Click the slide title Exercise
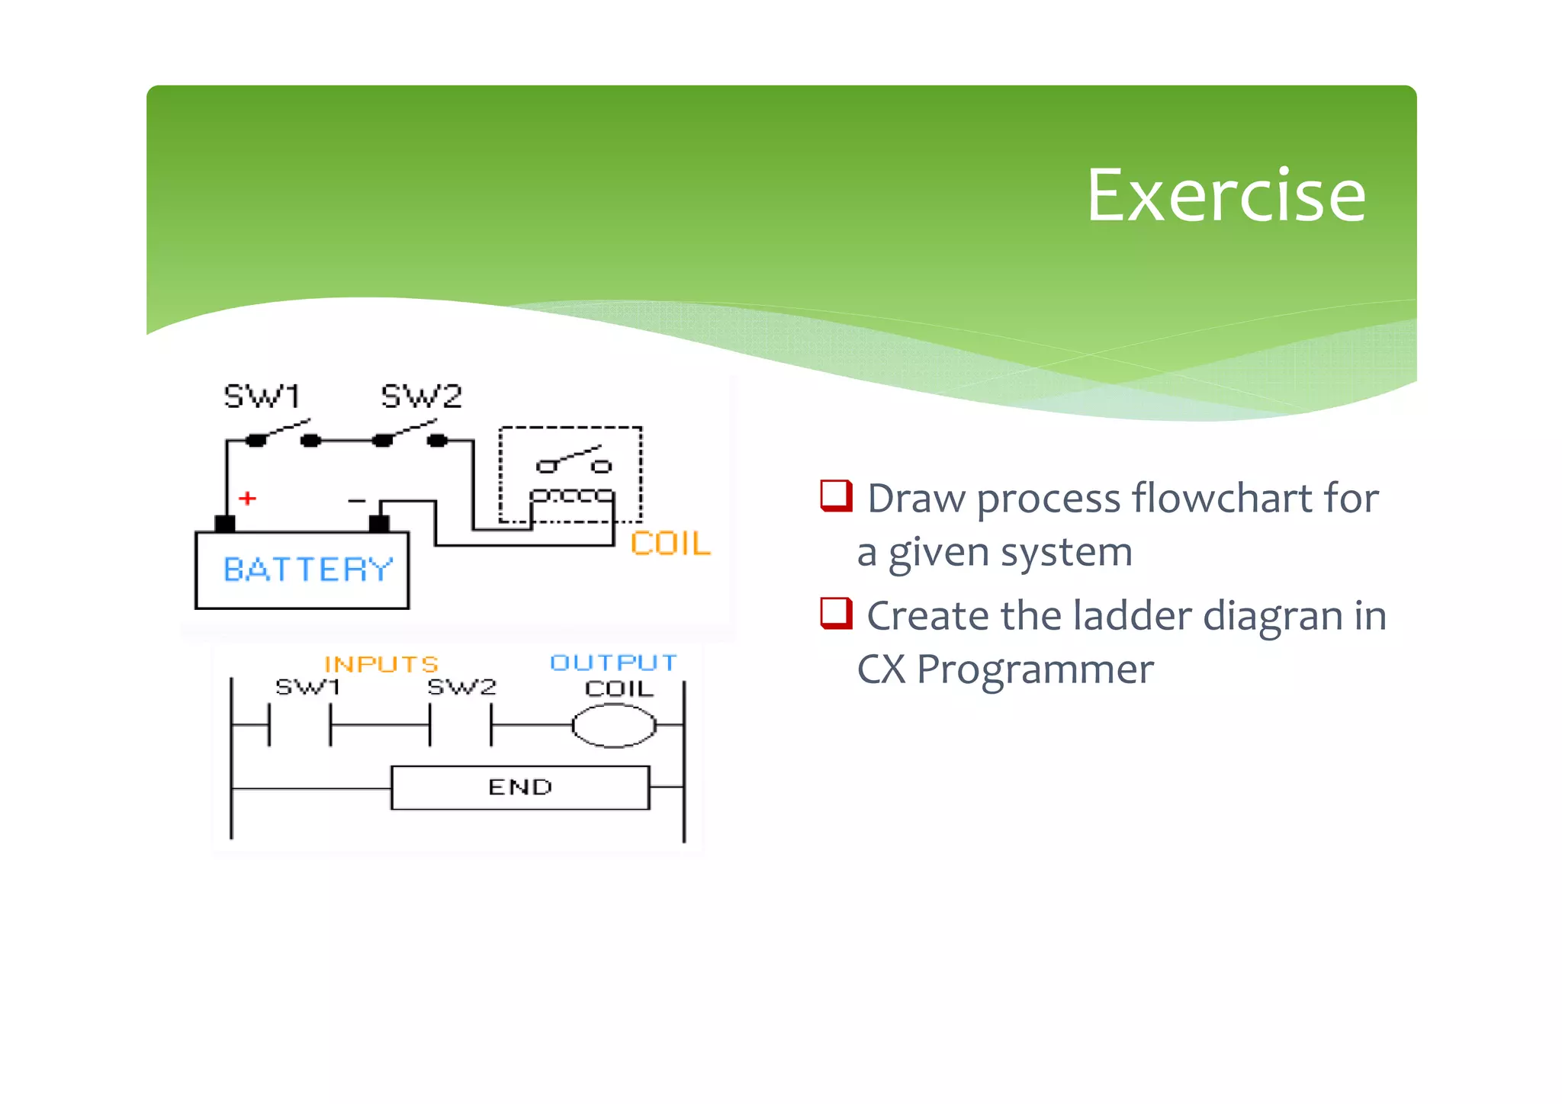click(x=1225, y=196)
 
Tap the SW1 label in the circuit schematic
click(x=262, y=396)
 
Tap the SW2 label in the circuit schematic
click(x=421, y=396)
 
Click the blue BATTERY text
click(x=308, y=570)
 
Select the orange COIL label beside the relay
click(x=670, y=544)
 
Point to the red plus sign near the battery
click(x=247, y=499)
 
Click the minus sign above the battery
click(x=356, y=501)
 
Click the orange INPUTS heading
click(x=381, y=664)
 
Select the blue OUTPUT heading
click(x=613, y=663)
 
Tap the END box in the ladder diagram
click(x=520, y=788)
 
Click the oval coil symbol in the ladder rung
click(x=614, y=725)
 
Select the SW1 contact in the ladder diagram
click(x=300, y=725)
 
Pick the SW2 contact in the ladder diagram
click(x=461, y=725)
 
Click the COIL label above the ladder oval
click(x=619, y=688)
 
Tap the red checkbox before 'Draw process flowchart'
click(x=836, y=496)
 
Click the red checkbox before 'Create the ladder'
click(x=836, y=613)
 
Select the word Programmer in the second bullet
click(x=1035, y=669)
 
